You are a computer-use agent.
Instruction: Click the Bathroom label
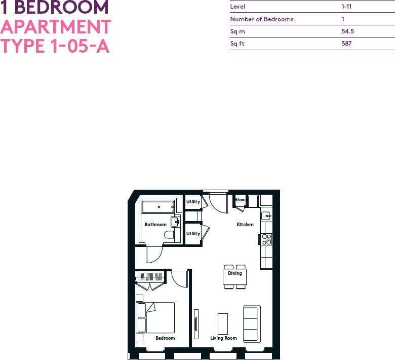(155, 225)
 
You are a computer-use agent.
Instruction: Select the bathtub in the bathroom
(158, 207)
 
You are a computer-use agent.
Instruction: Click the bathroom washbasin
(176, 221)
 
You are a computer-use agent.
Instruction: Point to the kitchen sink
(267, 215)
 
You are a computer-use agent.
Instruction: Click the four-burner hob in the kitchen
(267, 239)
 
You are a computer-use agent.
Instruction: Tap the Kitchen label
(245, 225)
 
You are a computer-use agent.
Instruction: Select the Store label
(240, 200)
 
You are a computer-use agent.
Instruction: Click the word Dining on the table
(234, 273)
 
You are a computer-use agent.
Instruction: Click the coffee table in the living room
(223, 323)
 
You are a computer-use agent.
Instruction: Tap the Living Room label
(223, 338)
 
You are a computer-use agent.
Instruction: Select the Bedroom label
(165, 338)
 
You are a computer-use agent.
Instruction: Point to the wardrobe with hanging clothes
(150, 277)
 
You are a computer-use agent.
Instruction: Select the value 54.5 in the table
(347, 31)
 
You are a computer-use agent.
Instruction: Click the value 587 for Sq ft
(346, 44)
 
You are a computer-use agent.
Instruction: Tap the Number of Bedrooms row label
(262, 19)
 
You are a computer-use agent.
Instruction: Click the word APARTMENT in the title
(56, 26)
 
